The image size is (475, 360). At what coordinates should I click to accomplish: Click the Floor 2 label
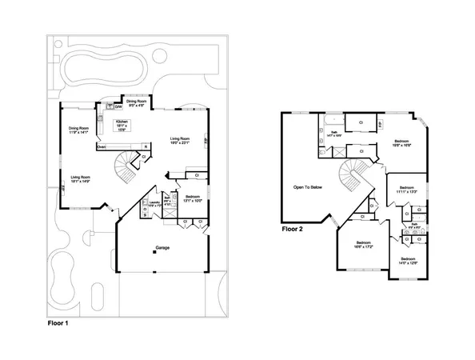coord(292,229)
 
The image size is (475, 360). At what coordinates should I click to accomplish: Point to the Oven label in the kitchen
coord(102,147)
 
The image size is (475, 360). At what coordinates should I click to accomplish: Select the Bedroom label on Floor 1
coord(193,198)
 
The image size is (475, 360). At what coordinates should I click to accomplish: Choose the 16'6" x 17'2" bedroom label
coord(363,244)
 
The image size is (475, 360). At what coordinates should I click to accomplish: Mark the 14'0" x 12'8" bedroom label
coord(408,262)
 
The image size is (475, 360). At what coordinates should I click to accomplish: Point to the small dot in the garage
coord(157,254)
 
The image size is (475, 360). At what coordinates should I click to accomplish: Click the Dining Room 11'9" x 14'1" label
coord(78,130)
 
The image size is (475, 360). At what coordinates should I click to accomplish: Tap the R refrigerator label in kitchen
coord(146,146)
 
